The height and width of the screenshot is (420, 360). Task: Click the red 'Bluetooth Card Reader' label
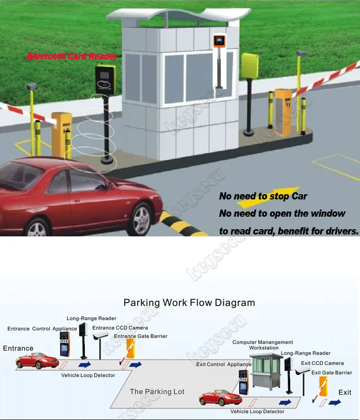(x=72, y=57)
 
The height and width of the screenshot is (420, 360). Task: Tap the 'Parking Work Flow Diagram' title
(x=189, y=303)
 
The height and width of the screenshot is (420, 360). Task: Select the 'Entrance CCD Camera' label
(x=120, y=328)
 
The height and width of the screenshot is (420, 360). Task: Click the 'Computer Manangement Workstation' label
(x=263, y=345)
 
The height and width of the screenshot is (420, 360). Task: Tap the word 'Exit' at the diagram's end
(x=345, y=392)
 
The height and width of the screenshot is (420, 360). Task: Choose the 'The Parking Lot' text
(x=157, y=392)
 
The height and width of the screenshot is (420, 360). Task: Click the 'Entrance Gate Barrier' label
(x=141, y=336)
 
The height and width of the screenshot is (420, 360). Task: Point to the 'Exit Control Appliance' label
(x=224, y=364)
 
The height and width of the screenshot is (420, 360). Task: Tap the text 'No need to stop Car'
(x=263, y=196)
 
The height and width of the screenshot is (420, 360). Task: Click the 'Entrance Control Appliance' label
(x=42, y=329)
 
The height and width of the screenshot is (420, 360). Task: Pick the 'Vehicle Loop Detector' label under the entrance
(x=88, y=375)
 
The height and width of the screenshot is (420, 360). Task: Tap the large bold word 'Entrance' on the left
(x=18, y=349)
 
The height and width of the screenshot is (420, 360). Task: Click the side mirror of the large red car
(x=109, y=185)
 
